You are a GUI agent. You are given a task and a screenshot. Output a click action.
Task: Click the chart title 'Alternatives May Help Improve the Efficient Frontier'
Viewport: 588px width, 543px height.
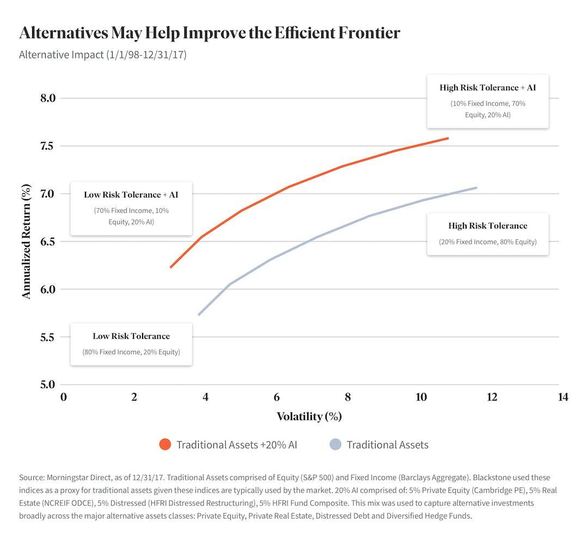(210, 33)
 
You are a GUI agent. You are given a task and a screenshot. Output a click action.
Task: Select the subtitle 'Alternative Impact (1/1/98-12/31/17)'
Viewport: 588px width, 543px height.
(103, 55)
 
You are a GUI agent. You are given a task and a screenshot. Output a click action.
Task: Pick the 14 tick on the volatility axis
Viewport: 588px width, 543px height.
(563, 397)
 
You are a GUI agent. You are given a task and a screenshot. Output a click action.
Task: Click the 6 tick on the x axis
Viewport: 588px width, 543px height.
(277, 397)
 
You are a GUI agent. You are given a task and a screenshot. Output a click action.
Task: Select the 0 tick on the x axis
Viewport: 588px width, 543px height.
(63, 397)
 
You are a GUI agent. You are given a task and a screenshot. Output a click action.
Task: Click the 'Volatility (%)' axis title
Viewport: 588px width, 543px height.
(309, 417)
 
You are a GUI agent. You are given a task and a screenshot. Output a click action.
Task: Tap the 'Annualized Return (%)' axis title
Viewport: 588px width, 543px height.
(26, 240)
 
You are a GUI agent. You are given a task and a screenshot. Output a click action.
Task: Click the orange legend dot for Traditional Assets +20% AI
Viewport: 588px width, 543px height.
(165, 445)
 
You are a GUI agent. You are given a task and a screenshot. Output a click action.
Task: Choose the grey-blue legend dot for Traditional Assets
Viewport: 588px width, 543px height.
(335, 445)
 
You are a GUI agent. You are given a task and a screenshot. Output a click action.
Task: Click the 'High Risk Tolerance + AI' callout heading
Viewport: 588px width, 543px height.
(488, 88)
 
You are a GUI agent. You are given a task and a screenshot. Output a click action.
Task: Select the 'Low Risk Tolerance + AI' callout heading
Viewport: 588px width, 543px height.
(131, 195)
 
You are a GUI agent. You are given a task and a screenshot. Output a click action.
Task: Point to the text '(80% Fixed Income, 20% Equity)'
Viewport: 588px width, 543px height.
(131, 352)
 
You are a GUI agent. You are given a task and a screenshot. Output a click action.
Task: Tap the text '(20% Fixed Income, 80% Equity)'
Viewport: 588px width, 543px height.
(488, 242)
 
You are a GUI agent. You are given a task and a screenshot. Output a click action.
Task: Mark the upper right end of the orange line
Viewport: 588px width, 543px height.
(448, 138)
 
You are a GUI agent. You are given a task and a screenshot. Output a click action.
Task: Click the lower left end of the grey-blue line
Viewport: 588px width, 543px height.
(199, 314)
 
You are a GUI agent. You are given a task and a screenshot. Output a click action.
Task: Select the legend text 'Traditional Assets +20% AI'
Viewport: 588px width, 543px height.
(237, 445)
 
